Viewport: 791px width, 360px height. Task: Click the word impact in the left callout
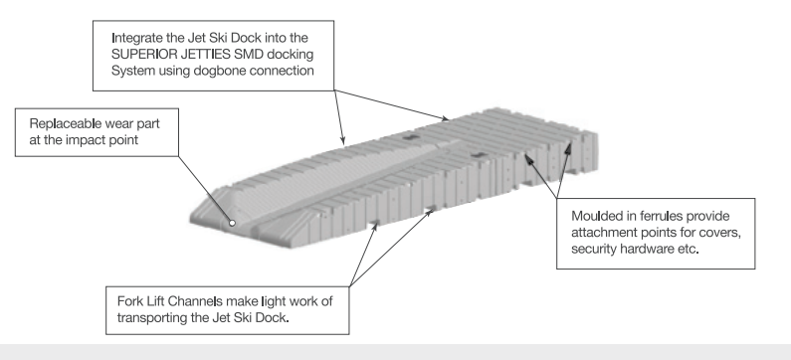[86, 140]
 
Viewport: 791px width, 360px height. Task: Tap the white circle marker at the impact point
[232, 223]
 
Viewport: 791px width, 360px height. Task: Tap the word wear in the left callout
[119, 124]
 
